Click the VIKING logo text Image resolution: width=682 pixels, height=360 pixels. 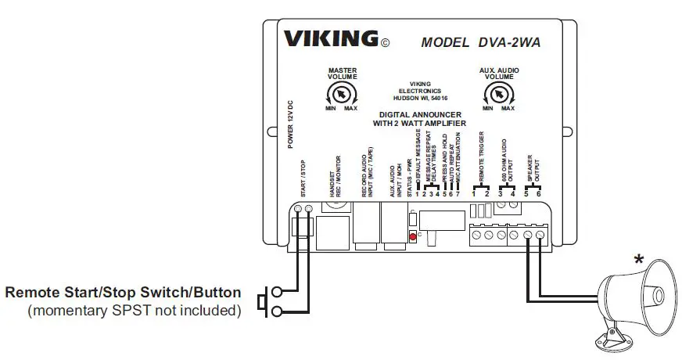tap(331, 39)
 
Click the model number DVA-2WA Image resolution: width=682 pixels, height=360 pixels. tap(479, 42)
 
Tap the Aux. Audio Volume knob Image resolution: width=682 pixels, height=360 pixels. tap(498, 95)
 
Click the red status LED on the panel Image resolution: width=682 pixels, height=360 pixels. tap(412, 236)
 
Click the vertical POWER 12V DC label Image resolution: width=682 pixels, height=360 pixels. tap(289, 125)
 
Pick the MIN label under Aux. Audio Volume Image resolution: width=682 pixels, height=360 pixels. tap(487, 108)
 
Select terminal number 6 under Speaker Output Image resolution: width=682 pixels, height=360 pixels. tap(538, 193)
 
